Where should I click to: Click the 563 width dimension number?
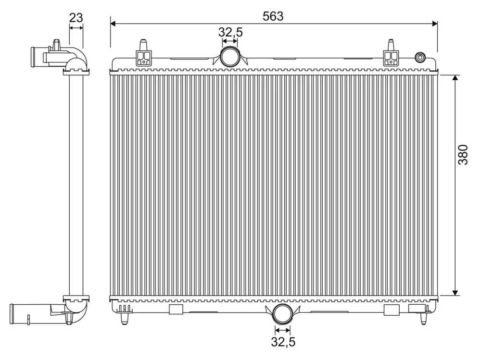click(x=273, y=16)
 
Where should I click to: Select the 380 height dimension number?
click(x=463, y=155)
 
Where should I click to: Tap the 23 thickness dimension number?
click(x=76, y=18)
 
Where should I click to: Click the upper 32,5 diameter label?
click(x=230, y=32)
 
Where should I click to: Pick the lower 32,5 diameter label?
click(x=283, y=342)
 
